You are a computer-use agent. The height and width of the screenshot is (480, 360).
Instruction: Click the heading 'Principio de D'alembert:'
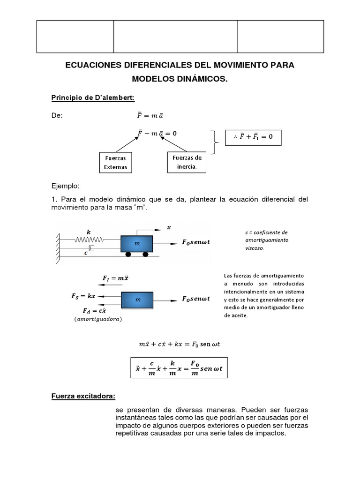(x=92, y=97)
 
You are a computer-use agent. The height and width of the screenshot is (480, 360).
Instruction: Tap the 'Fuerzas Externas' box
(x=115, y=163)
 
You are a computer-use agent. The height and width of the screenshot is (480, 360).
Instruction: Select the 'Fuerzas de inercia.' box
(x=187, y=162)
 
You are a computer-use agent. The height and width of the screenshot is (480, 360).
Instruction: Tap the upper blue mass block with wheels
(x=137, y=244)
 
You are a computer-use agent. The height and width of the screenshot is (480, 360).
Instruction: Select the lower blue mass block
(x=137, y=300)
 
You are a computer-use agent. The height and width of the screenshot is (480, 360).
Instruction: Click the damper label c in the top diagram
(x=86, y=253)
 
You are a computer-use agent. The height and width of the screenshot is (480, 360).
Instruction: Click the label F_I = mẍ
(x=115, y=278)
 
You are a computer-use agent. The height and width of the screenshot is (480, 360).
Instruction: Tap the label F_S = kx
(x=83, y=296)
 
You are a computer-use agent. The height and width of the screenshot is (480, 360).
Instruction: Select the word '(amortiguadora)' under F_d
(x=97, y=319)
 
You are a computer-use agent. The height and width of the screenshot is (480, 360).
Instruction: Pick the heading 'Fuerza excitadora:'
(x=83, y=396)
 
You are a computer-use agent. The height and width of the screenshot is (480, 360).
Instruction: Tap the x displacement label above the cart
(x=169, y=228)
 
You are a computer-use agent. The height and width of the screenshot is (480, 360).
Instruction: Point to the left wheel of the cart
(x=128, y=254)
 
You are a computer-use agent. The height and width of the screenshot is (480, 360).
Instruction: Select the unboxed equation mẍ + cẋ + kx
(x=180, y=344)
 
